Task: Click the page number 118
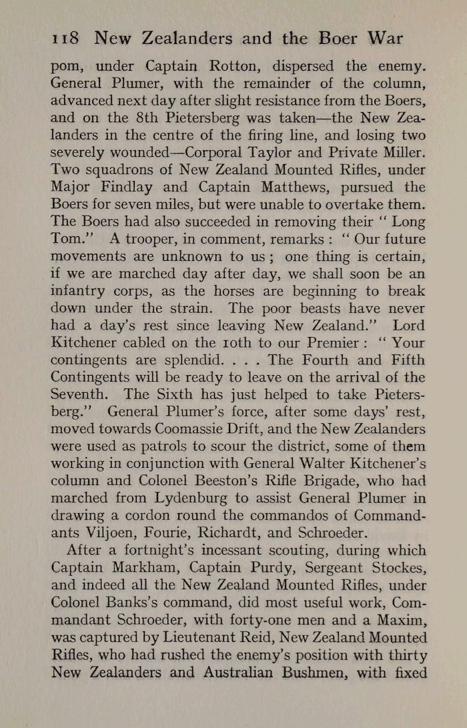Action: click(x=65, y=38)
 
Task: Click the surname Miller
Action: click(x=407, y=153)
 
